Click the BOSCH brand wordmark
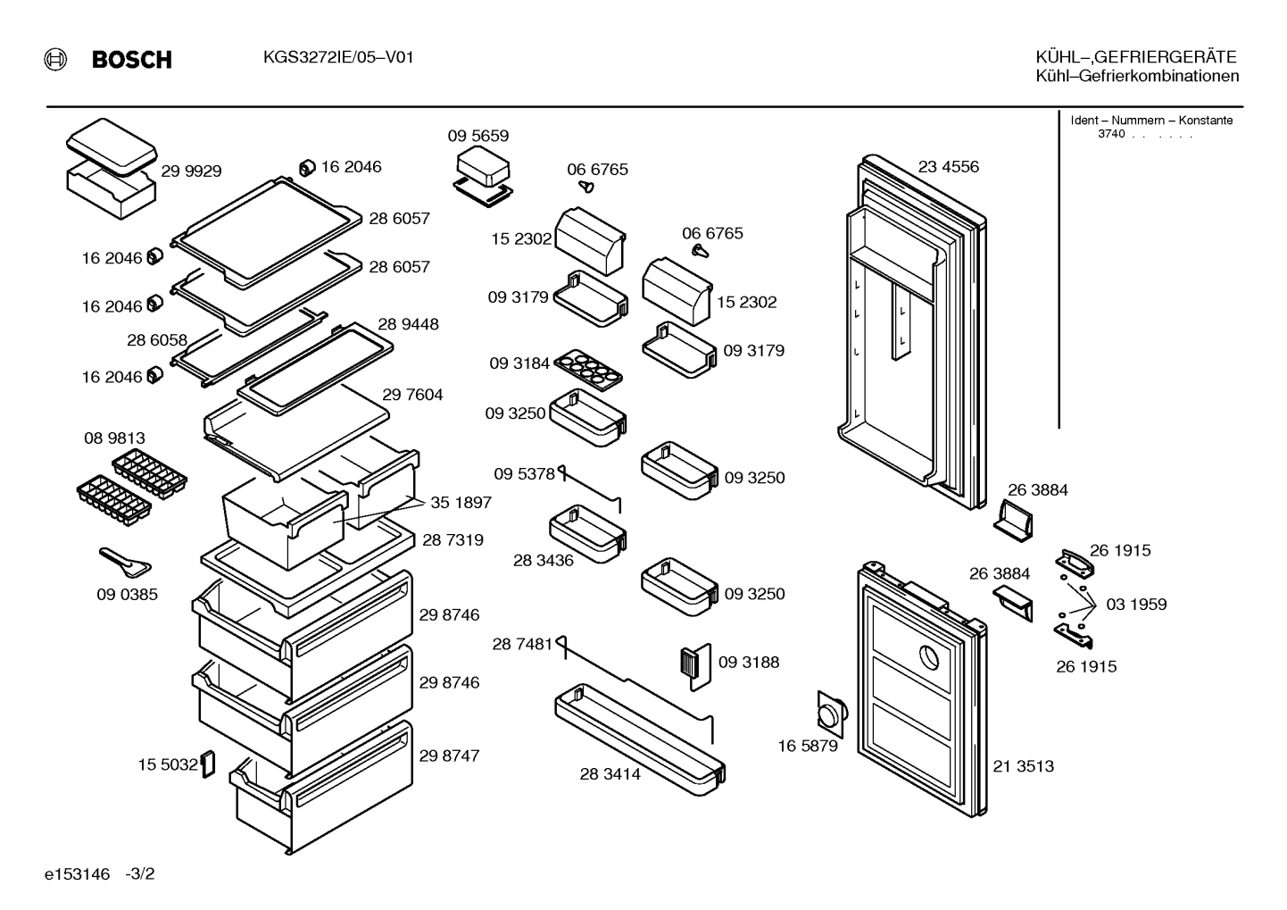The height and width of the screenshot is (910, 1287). [x=131, y=60]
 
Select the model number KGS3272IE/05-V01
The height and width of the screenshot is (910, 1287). [x=338, y=57]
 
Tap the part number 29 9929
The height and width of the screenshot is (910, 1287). [x=191, y=171]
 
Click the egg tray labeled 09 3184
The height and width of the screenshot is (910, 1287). [x=588, y=369]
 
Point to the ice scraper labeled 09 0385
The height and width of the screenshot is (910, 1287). [x=125, y=563]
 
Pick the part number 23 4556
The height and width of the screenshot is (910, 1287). [x=948, y=167]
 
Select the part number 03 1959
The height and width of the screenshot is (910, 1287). [x=1136, y=605]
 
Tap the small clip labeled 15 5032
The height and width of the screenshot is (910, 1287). [x=208, y=764]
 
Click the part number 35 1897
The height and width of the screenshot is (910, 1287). [x=461, y=503]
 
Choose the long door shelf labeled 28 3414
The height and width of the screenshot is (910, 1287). [x=640, y=739]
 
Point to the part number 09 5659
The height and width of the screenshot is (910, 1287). [x=478, y=136]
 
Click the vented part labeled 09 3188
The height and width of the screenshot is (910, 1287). [x=695, y=666]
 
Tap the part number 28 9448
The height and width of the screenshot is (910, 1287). [x=408, y=324]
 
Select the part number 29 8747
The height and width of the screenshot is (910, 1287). [x=449, y=756]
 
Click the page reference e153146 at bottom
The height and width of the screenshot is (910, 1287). [x=77, y=874]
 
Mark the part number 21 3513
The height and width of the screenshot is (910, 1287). [x=1024, y=766]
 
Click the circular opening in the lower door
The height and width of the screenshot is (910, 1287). [x=929, y=657]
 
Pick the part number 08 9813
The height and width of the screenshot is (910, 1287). [x=114, y=438]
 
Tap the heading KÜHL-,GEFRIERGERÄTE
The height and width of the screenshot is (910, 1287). [x=1136, y=57]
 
